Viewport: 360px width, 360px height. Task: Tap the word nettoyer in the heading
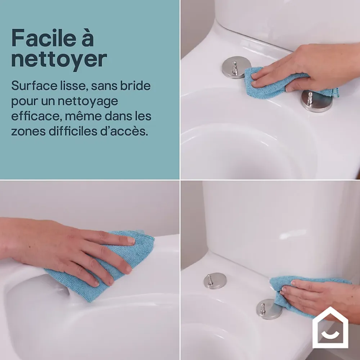[59, 59]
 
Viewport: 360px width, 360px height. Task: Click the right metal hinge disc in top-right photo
[316, 102]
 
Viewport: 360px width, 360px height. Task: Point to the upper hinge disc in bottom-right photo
[215, 280]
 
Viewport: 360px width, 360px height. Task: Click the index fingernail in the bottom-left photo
[131, 240]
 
